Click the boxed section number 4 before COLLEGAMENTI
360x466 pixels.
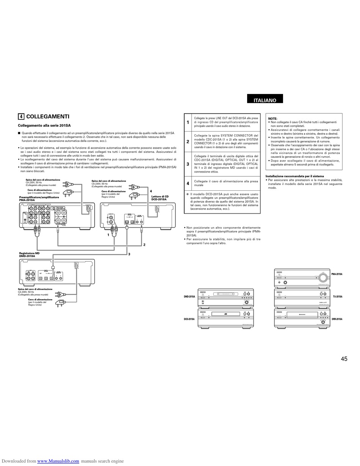pyautogui.click(x=22, y=117)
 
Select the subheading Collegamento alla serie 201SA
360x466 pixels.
pyautogui.click(x=44, y=126)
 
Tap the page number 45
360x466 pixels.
pyautogui.click(x=344, y=359)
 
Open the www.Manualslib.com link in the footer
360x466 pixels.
pyautogui.click(x=58, y=461)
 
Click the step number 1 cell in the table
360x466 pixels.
pyautogui.click(x=188, y=122)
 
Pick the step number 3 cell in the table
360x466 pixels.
pyautogui.click(x=188, y=164)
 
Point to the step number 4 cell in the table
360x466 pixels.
pyautogui.click(x=188, y=184)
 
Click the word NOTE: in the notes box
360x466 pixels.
pyautogui.click(x=273, y=119)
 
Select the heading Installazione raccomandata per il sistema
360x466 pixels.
pyautogui.click(x=294, y=176)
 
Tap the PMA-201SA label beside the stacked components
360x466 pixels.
pyautogui.click(x=337, y=274)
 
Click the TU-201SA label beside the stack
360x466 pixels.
pyautogui.click(x=337, y=297)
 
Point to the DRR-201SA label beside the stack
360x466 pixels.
pyautogui.click(x=337, y=319)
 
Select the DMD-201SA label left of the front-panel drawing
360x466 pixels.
pyautogui.click(x=189, y=297)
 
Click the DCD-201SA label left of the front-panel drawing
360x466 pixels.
pyautogui.click(x=189, y=319)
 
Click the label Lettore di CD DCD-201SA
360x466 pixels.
pyautogui.click(x=160, y=198)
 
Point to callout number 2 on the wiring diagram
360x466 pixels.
pyautogui.click(x=144, y=245)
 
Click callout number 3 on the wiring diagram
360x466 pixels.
pyautogui.click(x=129, y=254)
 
